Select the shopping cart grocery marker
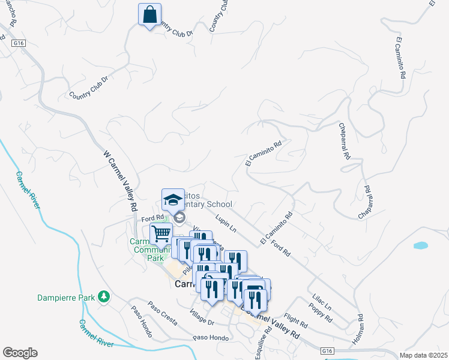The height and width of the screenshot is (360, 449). [161, 234]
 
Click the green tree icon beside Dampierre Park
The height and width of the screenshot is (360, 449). [104, 296]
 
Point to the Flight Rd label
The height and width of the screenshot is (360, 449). [296, 322]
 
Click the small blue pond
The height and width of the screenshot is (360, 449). [420, 245]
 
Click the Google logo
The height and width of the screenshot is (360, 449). [19, 353]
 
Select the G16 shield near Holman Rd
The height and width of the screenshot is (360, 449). [326, 350]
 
